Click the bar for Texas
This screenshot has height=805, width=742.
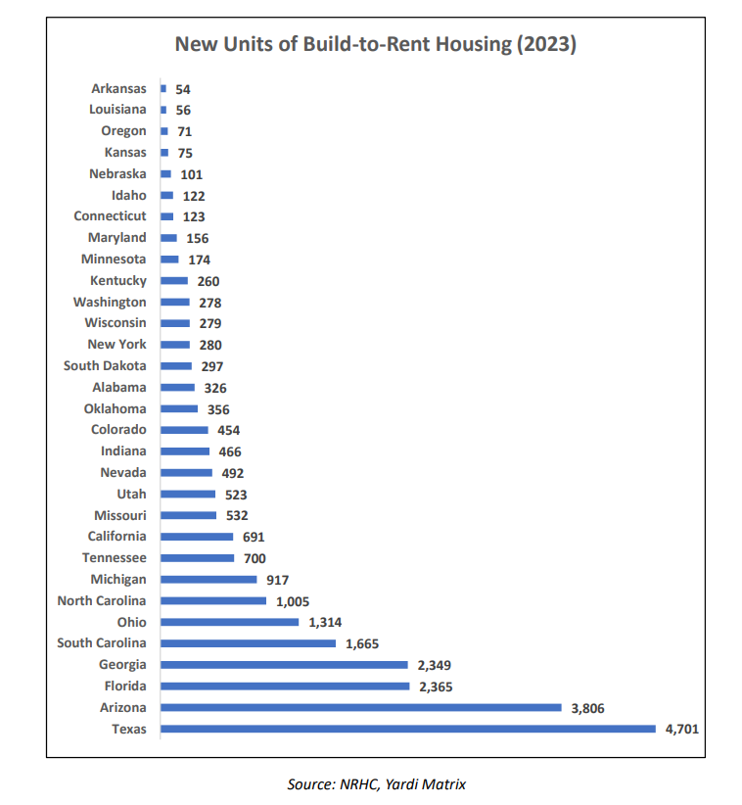408,729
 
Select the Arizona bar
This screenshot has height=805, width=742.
361,707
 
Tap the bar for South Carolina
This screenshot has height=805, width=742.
248,643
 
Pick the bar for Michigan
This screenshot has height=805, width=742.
209,579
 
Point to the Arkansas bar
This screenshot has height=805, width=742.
163,89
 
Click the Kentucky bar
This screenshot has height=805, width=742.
174,281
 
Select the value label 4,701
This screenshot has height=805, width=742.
682,729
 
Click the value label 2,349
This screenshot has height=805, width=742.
434,665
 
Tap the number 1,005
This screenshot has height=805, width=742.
293,601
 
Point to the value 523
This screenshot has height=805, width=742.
236,495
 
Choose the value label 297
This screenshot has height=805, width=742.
211,366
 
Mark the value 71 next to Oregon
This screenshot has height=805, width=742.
185,132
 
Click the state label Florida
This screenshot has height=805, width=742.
125,686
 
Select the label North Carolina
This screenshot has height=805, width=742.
102,600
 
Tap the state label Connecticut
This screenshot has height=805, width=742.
110,216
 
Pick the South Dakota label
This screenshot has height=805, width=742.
105,365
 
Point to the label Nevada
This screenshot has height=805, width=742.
123,472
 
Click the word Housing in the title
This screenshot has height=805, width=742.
474,44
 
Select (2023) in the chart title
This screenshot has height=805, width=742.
546,44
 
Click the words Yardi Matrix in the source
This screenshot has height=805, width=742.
426,784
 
